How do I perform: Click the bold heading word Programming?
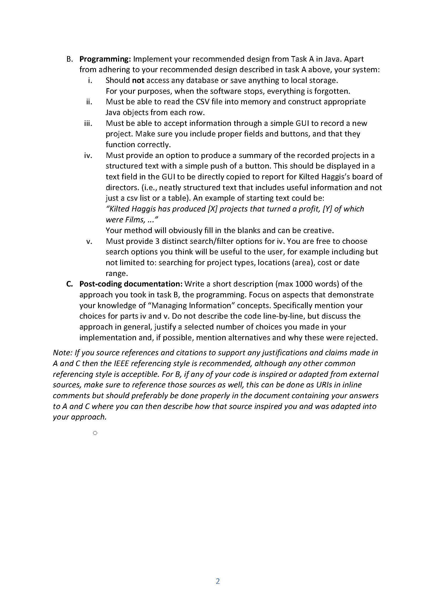point(104,59)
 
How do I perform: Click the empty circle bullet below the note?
point(95,433)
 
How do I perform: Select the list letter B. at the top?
point(70,59)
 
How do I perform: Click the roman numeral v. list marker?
point(89,241)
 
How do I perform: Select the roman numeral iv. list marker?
point(88,155)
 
